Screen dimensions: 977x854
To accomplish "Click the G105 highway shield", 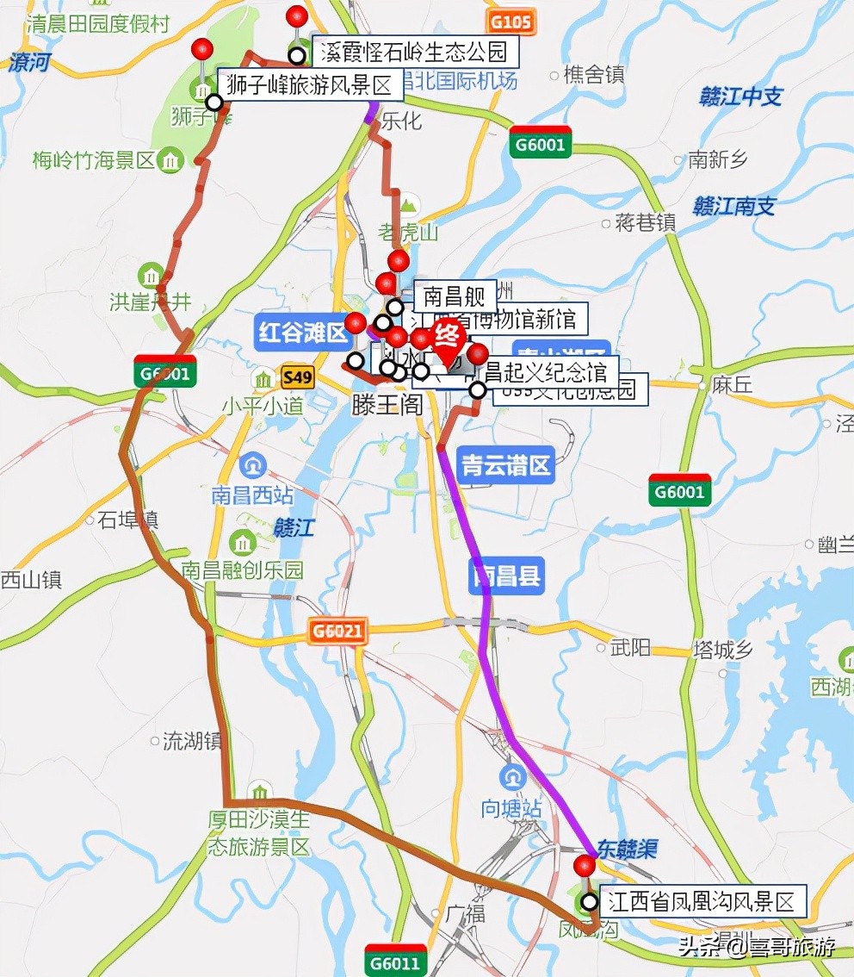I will coord(510,21).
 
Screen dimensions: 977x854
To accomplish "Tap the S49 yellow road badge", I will coord(296,376).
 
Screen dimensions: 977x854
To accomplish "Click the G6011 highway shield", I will coord(396,962).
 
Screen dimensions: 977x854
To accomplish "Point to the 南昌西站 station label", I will coord(252,495).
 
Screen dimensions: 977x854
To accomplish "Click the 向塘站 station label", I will coord(511,809).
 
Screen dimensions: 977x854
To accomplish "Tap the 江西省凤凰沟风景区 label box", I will coord(700,902).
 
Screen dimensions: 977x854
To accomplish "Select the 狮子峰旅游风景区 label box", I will coord(308,85).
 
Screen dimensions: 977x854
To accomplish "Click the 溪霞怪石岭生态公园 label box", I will coord(413,53).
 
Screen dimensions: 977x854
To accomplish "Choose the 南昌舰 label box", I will coord(455,298).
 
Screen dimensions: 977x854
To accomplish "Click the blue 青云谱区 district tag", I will coord(505,466).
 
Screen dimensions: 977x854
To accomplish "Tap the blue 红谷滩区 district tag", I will coord(299,333).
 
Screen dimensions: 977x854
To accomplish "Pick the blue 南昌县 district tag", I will coord(506,576).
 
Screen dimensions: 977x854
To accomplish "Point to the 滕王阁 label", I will coord(387,404).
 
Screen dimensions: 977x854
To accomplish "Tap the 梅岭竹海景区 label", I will coord(94,159).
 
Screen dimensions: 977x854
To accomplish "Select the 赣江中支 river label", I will coord(740,96).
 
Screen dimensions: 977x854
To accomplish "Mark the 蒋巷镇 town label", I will coord(645,223).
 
